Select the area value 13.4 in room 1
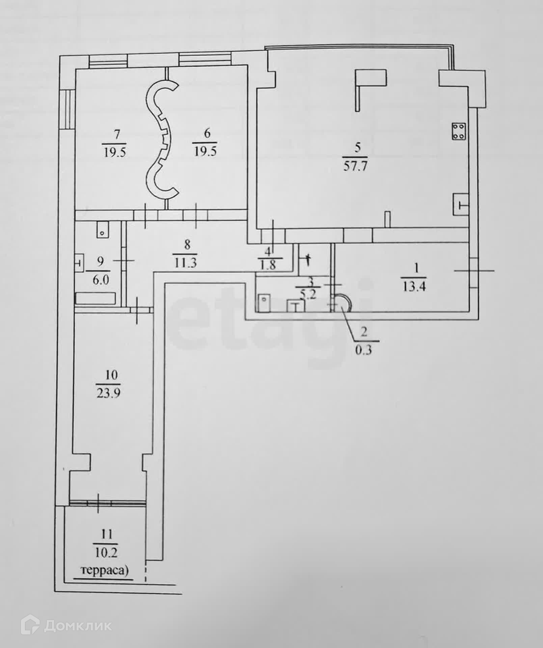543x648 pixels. pyautogui.click(x=414, y=287)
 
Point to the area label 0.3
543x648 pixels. pyautogui.click(x=363, y=350)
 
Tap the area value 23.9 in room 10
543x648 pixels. pyautogui.click(x=109, y=394)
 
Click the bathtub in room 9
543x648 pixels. pyautogui.click(x=96, y=299)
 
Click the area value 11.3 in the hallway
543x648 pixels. pyautogui.click(x=185, y=263)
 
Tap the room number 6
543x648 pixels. pyautogui.click(x=207, y=134)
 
